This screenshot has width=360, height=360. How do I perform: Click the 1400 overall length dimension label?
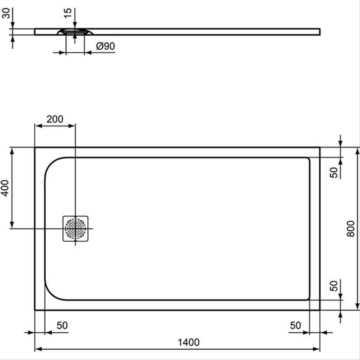188,342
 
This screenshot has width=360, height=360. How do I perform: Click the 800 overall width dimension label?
351,229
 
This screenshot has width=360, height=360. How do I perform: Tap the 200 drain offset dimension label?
55,119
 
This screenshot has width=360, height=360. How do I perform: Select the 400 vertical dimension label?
5,188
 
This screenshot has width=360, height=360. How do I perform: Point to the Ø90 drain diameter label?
106,46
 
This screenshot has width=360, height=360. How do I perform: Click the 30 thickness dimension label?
7,13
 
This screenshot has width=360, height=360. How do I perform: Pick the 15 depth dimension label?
68,13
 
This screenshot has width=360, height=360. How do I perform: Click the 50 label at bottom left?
62,325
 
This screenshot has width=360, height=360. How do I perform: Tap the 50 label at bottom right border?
295,325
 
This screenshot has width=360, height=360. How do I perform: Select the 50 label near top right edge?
334,172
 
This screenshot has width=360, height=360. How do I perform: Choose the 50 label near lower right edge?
334,286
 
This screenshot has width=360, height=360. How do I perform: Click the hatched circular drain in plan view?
75,229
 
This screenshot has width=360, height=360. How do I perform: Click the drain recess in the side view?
75,32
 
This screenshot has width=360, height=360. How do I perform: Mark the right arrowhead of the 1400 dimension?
316,349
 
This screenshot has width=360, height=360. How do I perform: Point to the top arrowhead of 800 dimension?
357,151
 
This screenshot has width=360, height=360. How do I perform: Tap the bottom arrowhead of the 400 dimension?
12,225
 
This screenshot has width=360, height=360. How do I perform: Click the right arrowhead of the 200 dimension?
72,126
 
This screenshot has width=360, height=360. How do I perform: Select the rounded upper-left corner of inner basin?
51,164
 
